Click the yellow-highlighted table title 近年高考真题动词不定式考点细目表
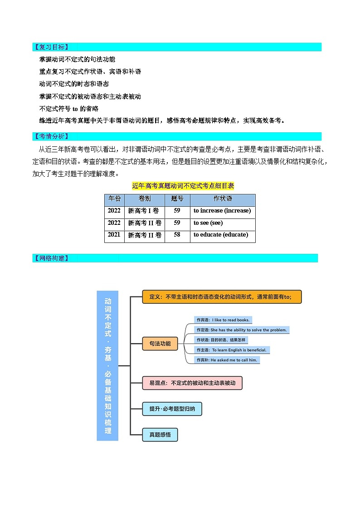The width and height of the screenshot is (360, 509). (183, 186)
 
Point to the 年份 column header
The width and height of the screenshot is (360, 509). (114, 199)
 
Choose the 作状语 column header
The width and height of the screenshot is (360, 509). (222, 199)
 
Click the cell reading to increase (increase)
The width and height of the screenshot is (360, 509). (222, 211)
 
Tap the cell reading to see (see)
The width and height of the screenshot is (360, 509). (208, 223)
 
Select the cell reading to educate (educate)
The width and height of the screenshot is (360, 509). (221, 235)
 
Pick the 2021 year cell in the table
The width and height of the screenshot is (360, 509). (114, 235)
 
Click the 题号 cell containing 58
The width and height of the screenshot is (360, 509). (177, 235)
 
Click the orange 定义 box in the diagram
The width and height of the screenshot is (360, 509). (221, 297)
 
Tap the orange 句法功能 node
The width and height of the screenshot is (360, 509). (160, 344)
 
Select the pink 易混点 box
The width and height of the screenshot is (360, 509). (192, 383)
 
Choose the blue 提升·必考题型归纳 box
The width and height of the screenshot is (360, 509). (172, 409)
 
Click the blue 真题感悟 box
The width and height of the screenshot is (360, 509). (160, 435)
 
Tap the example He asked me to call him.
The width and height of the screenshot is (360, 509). (227, 360)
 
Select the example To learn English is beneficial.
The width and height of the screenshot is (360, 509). (232, 350)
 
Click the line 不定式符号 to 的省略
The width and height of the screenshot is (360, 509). (69, 109)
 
